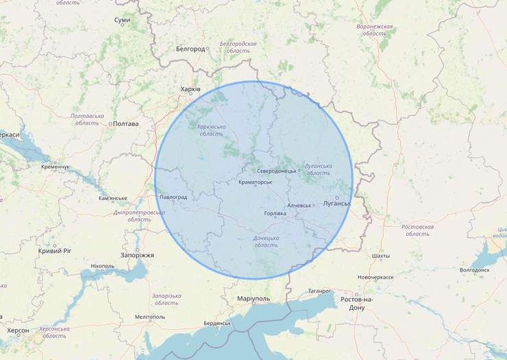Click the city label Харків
tap(190, 89)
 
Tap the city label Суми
tap(122, 21)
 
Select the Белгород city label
tap(190, 49)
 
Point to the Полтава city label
tap(125, 124)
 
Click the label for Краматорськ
tap(256, 182)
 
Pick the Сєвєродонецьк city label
tap(276, 171)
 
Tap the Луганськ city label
tap(336, 204)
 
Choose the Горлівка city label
tap(275, 213)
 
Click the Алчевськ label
tap(299, 205)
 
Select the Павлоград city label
tap(173, 197)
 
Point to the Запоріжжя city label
tap(138, 255)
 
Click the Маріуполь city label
tap(253, 299)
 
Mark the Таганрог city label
tap(319, 291)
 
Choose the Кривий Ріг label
tap(55, 251)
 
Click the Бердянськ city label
tap(217, 323)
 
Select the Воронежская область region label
tap(375, 29)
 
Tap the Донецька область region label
tap(266, 241)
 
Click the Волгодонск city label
tap(475, 269)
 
